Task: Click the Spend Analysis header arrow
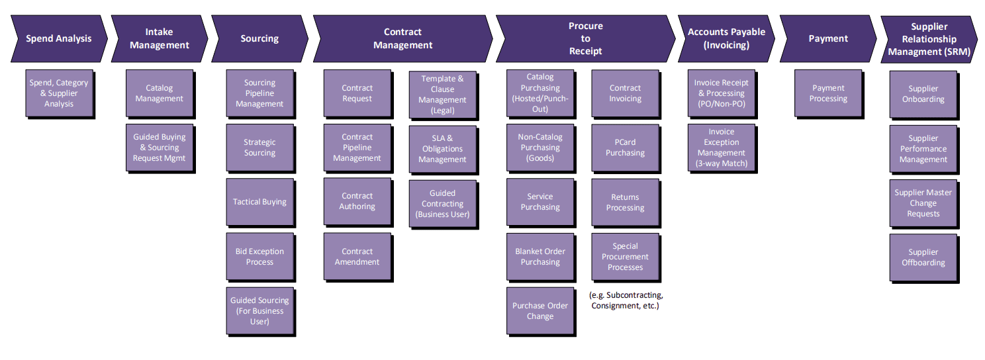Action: pos(58,38)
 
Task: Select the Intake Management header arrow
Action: pos(159,38)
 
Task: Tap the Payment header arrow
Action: pos(827,38)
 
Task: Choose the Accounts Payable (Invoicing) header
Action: pos(726,38)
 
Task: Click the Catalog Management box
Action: pos(159,93)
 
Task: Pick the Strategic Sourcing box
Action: pos(259,148)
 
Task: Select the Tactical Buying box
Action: pos(259,202)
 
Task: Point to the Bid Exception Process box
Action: pos(259,257)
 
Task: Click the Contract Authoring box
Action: pos(357,201)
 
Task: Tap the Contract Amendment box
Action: pos(357,257)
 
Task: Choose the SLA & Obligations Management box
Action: pos(442,149)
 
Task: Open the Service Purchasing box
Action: pos(539,202)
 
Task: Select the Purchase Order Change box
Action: pos(539,311)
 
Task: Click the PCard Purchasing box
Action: pos(625,148)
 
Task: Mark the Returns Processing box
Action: pos(625,202)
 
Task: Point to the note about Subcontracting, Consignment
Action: pos(625,300)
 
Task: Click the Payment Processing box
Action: pos(827,93)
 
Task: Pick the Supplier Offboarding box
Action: pos(923,257)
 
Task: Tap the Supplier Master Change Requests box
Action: pos(923,203)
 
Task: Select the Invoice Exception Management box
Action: pos(721,148)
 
